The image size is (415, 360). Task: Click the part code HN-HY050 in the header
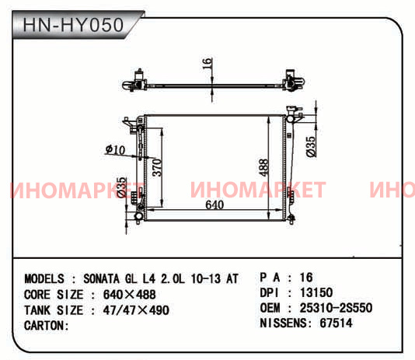[x=73, y=25]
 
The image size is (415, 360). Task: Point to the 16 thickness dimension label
[x=207, y=64]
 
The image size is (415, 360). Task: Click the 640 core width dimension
[x=214, y=204]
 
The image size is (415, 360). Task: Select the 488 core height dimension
[x=263, y=167]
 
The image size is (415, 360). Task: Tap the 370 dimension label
[x=157, y=167]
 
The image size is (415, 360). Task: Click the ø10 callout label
[x=115, y=150]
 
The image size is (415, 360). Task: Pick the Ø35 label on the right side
[x=311, y=147]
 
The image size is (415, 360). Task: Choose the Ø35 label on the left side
[x=121, y=187]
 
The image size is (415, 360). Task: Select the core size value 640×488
[x=130, y=295]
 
